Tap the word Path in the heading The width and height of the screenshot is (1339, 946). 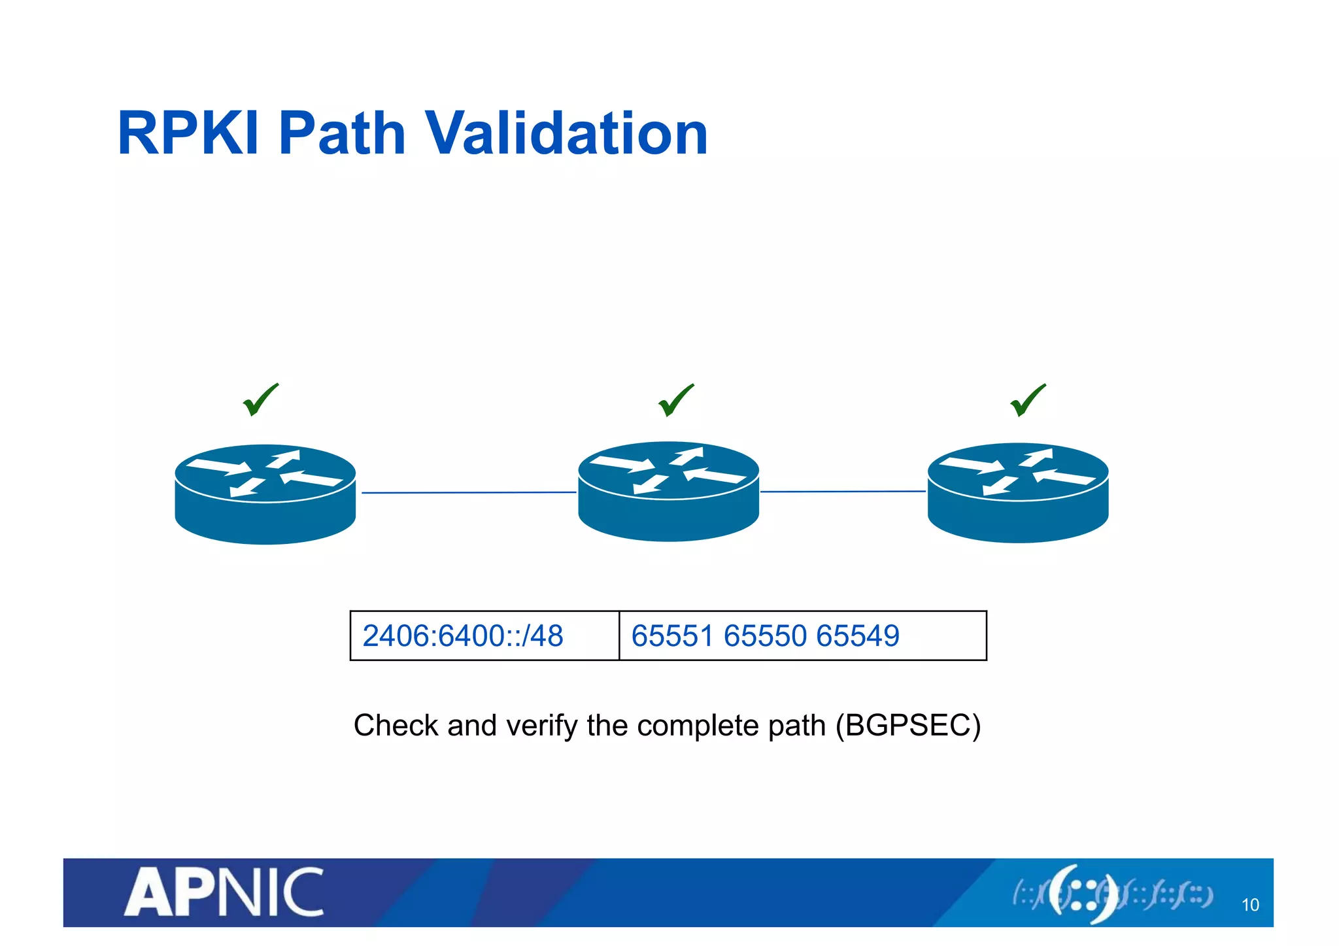342,133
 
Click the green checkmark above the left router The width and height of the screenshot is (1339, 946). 260,400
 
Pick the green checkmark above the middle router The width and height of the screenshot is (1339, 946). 675,400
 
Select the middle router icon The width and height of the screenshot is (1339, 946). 668,491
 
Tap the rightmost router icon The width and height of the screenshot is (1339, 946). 1017,492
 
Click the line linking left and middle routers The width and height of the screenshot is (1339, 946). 468,492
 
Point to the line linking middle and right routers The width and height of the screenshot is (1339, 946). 843,491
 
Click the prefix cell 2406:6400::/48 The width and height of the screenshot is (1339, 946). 463,636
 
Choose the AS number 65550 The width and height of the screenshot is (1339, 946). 765,636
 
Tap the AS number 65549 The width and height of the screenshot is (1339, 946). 858,636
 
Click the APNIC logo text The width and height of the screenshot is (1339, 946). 224,892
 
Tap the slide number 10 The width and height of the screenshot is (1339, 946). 1249,905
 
